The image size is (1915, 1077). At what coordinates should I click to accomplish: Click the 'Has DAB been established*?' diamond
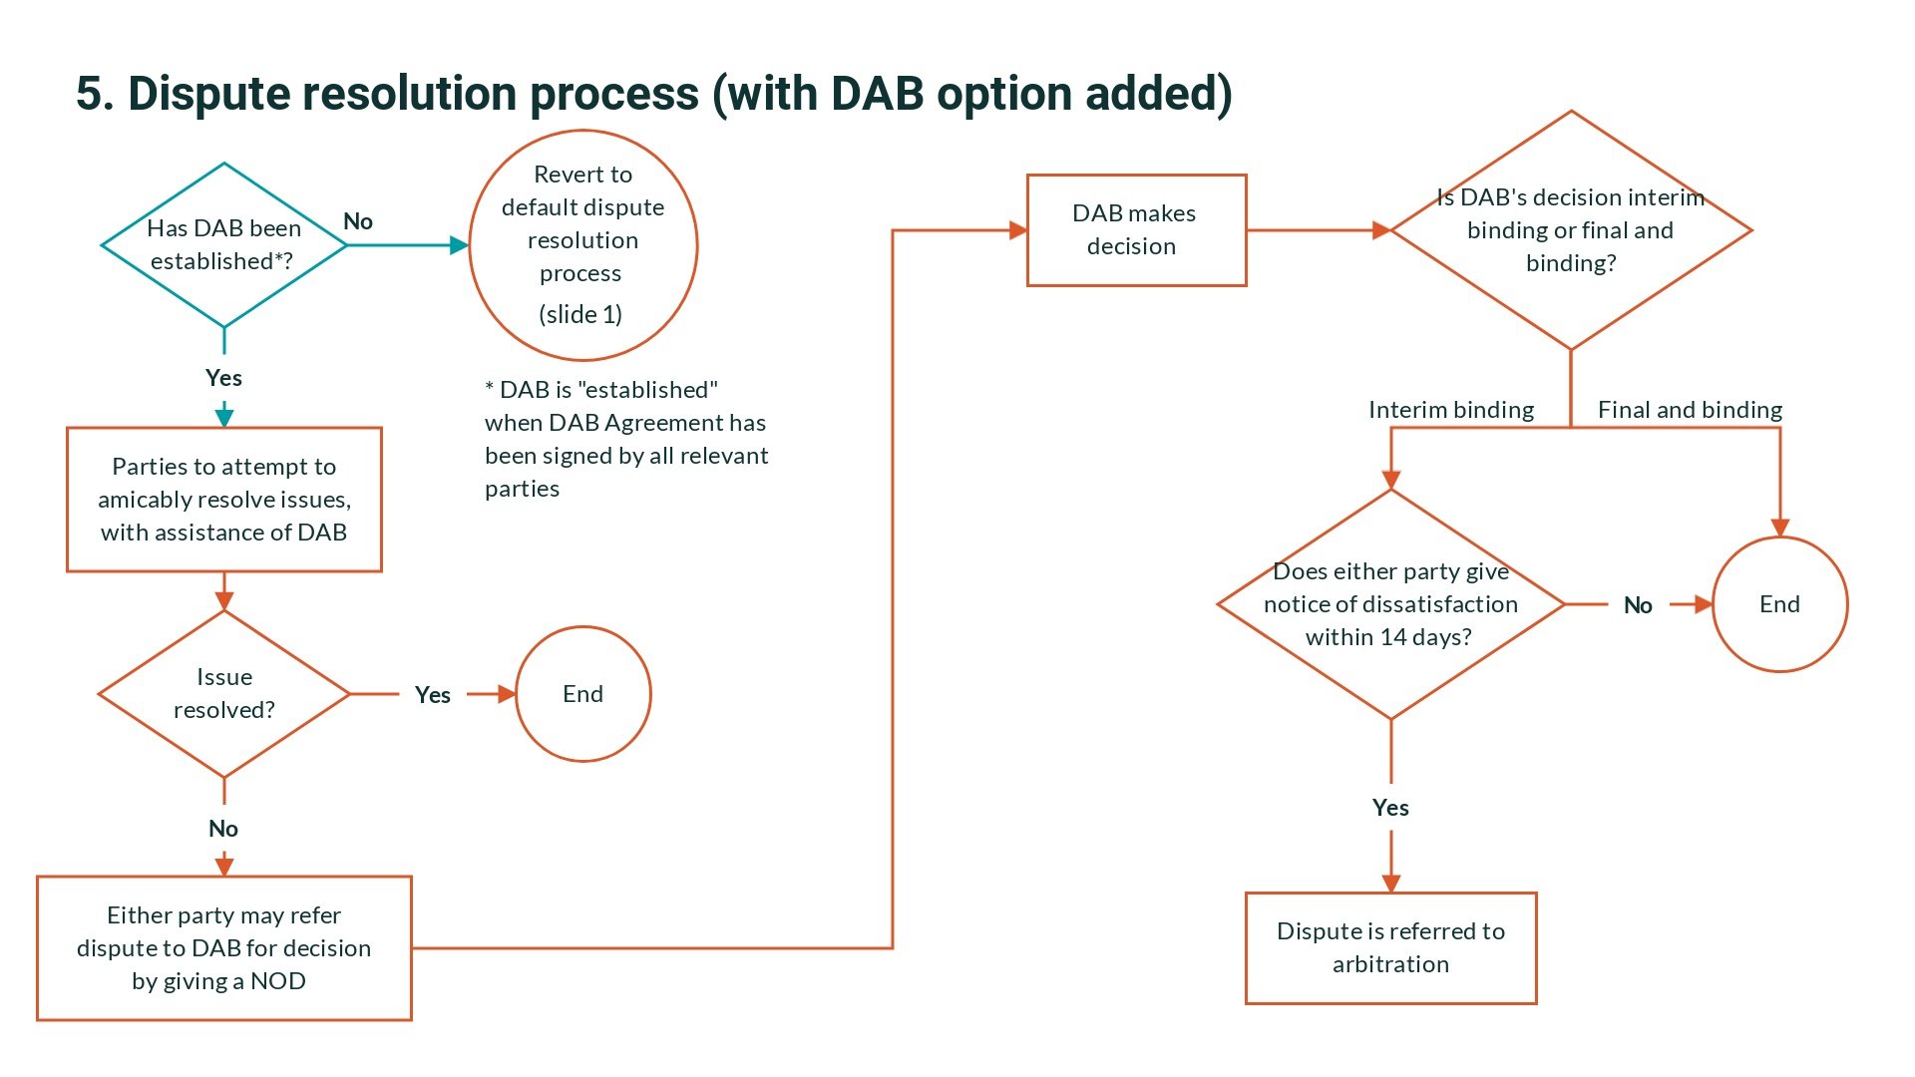tap(223, 244)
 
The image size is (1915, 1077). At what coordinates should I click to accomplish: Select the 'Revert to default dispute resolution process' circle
tap(582, 244)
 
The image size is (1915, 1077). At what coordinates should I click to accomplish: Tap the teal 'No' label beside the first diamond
tap(358, 221)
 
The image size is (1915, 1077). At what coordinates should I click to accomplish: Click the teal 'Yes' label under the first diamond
tap(223, 378)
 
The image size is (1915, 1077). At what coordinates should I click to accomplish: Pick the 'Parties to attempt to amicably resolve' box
tap(223, 500)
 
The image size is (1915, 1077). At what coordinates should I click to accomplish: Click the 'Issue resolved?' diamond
tap(223, 693)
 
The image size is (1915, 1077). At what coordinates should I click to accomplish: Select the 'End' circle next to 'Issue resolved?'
tap(582, 694)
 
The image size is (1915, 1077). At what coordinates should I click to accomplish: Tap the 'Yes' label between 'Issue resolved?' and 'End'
tap(432, 695)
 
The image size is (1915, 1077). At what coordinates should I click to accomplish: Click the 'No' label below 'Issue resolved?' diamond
tap(223, 829)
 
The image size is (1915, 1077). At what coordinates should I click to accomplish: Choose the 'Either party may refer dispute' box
tap(223, 948)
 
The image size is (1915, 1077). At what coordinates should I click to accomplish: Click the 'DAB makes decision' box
tap(1136, 230)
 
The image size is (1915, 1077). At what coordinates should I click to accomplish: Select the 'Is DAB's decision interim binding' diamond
tap(1570, 230)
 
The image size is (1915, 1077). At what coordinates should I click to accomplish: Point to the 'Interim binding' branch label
tap(1450, 410)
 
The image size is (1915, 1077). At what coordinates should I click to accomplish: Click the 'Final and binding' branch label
tap(1690, 410)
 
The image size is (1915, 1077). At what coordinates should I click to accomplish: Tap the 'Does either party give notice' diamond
tap(1390, 604)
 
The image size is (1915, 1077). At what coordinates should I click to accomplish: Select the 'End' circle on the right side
tap(1779, 604)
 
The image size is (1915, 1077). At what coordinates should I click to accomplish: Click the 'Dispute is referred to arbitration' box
tap(1390, 948)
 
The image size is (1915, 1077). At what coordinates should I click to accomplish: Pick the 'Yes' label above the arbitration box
tap(1390, 808)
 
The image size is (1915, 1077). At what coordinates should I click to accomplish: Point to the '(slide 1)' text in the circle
tap(580, 315)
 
